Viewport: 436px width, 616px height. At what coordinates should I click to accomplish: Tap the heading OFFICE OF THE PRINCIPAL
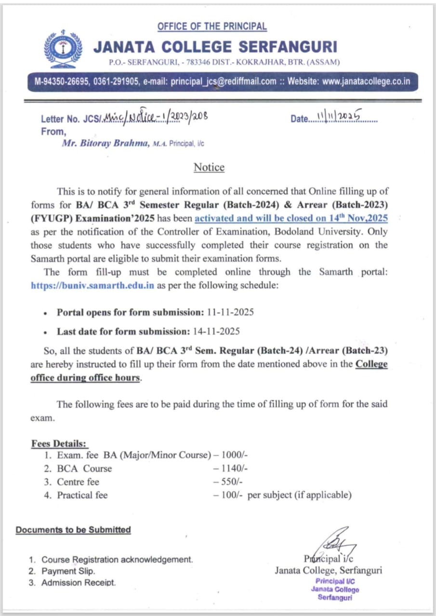pyautogui.click(x=212, y=26)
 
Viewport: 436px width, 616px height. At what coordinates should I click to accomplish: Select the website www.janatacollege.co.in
pyautogui.click(x=366, y=81)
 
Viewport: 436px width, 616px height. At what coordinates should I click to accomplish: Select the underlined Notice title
pyautogui.click(x=209, y=167)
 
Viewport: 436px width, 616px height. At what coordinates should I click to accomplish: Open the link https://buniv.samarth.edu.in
pyautogui.click(x=92, y=284)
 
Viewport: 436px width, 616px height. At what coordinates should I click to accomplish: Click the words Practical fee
pyautogui.click(x=82, y=495)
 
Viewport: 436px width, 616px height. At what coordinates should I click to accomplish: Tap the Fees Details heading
pyautogui.click(x=60, y=443)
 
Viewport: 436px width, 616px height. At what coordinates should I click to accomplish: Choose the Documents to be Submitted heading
pyautogui.click(x=73, y=530)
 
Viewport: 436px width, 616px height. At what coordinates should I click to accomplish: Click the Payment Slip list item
pyautogui.click(x=68, y=571)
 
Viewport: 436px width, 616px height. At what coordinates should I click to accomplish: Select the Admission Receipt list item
pyautogui.click(x=79, y=583)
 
